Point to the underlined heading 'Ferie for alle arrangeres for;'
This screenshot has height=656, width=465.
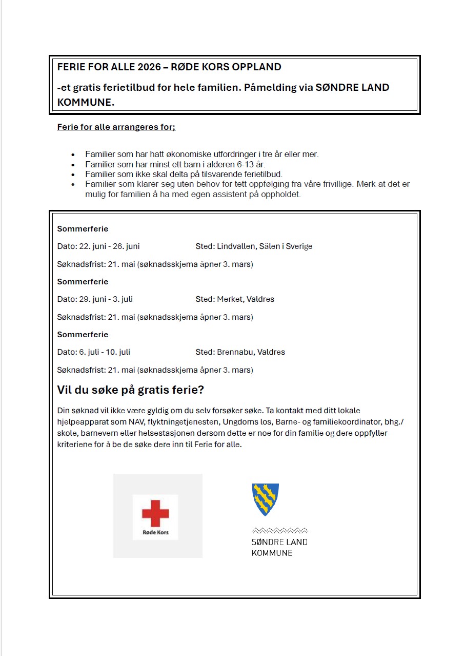click(116, 127)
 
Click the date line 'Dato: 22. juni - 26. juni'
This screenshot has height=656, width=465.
click(98, 246)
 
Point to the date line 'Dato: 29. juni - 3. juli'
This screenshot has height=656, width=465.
click(95, 299)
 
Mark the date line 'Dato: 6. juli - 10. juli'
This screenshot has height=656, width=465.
click(94, 352)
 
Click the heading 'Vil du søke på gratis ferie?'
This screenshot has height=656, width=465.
click(130, 390)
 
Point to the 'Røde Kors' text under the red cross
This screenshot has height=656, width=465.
click(155, 532)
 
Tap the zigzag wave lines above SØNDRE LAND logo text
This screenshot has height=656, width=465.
click(279, 530)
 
